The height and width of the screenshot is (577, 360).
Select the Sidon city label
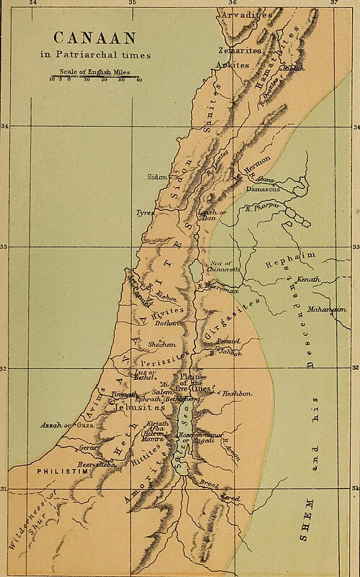157,176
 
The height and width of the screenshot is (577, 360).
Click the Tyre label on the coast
145,213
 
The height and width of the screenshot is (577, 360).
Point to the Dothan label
168,323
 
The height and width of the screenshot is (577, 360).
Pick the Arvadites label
247,14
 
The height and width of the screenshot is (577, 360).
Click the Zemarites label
239,50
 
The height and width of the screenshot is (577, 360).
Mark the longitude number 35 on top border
132,4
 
